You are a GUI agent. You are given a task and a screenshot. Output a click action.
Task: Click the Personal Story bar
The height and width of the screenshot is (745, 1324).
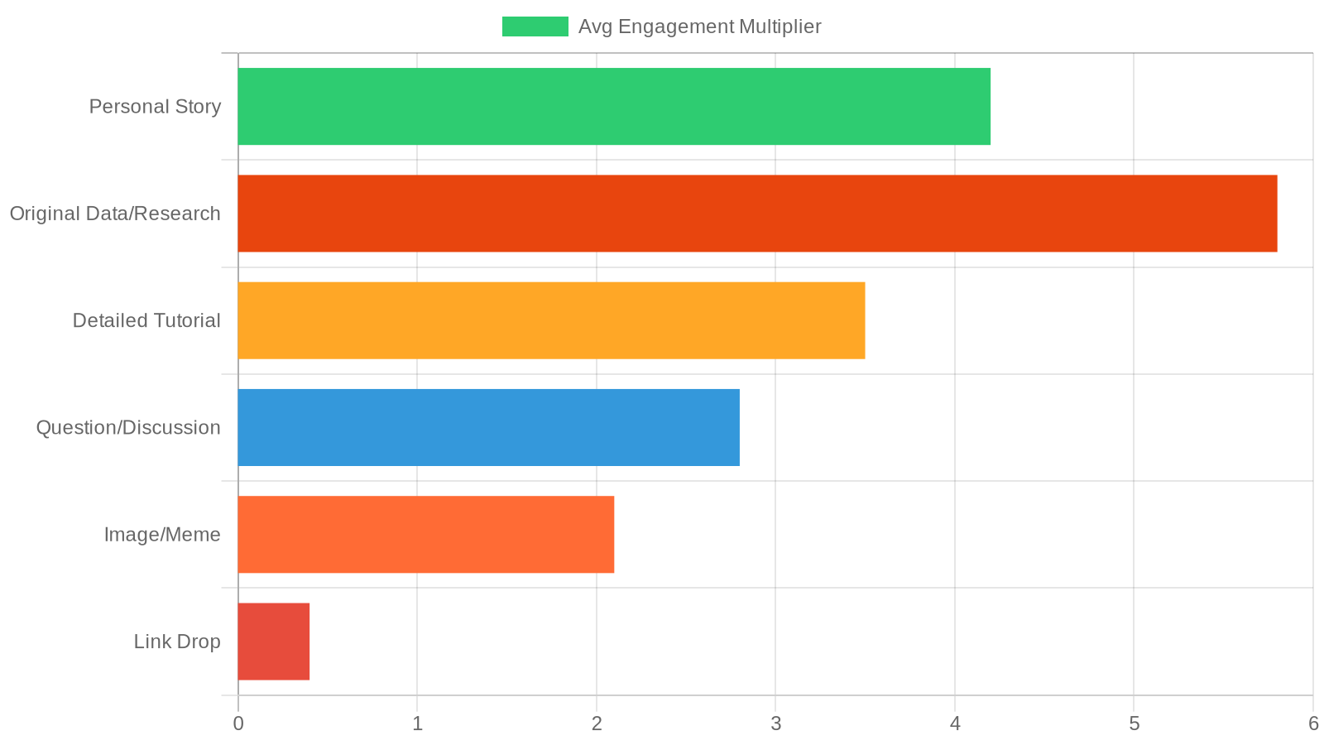coord(614,107)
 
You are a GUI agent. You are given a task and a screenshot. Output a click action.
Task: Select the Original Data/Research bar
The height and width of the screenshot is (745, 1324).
coord(757,214)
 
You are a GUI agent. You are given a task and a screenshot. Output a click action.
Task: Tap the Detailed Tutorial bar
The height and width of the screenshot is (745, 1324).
coord(551,320)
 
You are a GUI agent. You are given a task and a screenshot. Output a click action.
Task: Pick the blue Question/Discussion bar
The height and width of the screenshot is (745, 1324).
coord(488,427)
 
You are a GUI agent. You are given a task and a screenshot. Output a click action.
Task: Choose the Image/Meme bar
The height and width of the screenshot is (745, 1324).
coord(425,534)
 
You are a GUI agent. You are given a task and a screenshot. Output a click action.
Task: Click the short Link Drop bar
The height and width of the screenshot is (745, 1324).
coord(274,642)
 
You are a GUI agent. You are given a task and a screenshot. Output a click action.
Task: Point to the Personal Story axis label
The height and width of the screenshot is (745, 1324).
coord(155,107)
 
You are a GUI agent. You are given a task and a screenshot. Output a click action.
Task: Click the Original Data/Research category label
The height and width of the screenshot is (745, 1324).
coord(115,214)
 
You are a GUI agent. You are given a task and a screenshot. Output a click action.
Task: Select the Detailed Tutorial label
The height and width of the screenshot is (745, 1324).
coord(146,320)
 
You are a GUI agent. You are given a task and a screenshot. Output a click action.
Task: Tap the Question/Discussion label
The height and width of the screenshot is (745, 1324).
coord(128,427)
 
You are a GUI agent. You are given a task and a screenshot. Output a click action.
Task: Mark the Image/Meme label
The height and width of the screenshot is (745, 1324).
coord(162,535)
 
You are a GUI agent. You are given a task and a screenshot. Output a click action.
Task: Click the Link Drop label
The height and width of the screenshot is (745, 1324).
coord(177,642)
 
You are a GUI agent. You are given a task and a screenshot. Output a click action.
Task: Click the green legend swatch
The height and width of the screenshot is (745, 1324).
coord(535,26)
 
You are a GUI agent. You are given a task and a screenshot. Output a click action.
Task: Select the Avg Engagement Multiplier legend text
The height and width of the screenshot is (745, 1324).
coord(699,26)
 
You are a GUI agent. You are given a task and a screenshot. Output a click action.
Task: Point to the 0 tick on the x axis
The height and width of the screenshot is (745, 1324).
coord(238,723)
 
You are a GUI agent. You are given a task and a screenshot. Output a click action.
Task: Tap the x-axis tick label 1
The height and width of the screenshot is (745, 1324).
coord(417,723)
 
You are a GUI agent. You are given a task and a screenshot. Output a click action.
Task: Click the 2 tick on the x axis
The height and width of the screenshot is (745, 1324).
coord(597,723)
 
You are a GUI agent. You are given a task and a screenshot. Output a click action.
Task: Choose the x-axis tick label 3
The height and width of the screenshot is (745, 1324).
coord(775,723)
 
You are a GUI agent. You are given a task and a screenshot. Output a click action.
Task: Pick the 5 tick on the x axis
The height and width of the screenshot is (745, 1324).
coord(1134,723)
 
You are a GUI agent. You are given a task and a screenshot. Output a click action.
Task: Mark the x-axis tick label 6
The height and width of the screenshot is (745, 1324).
coord(1312,723)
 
